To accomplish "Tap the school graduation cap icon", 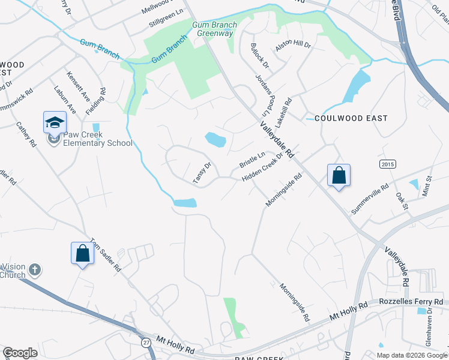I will (55, 122).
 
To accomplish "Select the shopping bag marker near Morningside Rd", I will (339, 176).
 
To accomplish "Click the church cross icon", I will (35, 269).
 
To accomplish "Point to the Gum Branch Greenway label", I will (214, 29).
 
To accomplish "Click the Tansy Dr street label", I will (202, 173).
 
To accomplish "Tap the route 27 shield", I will (146, 342).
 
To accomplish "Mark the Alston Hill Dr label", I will (292, 45).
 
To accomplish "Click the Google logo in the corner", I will (20, 353).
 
